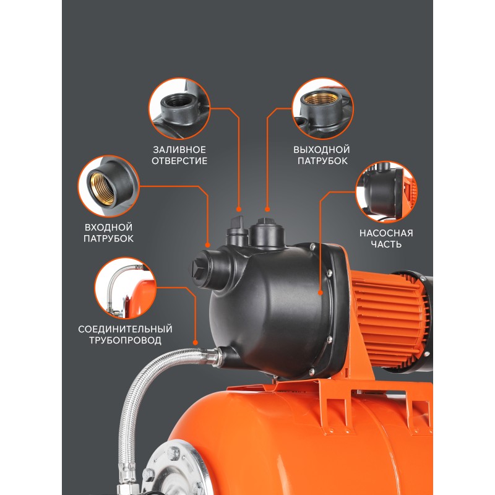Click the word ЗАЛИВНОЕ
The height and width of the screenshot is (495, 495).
point(179,149)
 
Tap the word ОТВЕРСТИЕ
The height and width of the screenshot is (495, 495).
point(179,161)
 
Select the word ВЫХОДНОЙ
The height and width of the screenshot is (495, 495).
point(322,149)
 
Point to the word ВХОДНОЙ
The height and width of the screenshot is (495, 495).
point(108,227)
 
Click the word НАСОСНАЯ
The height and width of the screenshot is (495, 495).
point(386,233)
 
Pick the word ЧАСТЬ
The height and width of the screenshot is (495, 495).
point(386,244)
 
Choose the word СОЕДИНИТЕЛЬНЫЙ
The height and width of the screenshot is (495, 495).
point(125,329)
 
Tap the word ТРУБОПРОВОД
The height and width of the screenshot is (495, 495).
point(125,341)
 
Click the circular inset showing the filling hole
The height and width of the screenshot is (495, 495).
point(179,109)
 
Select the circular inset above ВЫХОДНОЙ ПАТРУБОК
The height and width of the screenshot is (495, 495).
point(322,109)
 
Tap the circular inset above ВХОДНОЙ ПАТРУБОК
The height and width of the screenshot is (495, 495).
point(109,186)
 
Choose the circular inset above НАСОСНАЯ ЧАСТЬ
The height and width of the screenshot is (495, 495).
point(386,192)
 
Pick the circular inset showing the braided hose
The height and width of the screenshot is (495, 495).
point(126,288)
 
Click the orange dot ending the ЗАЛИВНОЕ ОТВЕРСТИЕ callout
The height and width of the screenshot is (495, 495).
point(239,209)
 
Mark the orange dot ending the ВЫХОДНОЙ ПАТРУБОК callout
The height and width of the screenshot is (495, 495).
point(267,209)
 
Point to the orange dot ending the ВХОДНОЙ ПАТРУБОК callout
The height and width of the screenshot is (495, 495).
point(207,245)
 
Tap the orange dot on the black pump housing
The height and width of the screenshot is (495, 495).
point(321,293)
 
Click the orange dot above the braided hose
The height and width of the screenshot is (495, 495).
point(196,343)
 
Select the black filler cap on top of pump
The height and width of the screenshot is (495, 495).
point(237,230)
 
